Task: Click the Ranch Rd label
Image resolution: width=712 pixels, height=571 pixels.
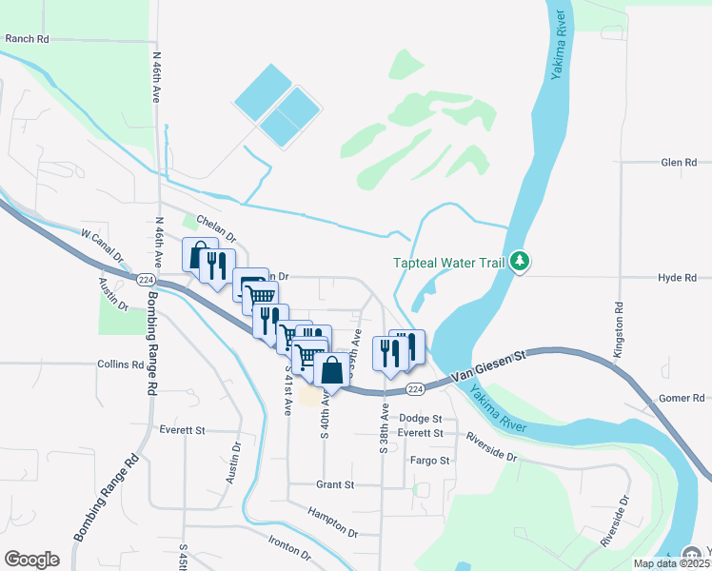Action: point(26,39)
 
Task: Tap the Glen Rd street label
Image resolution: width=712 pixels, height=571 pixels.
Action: point(679,163)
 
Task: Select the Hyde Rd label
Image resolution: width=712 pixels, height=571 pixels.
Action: point(678,277)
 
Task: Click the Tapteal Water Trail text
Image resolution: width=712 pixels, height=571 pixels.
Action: point(448,263)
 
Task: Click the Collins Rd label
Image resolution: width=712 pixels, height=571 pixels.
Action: point(120,364)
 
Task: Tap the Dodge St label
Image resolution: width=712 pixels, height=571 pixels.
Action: point(421,418)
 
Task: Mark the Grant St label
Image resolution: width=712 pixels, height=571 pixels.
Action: point(334,484)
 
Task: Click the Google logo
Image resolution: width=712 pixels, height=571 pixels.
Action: point(31,560)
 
